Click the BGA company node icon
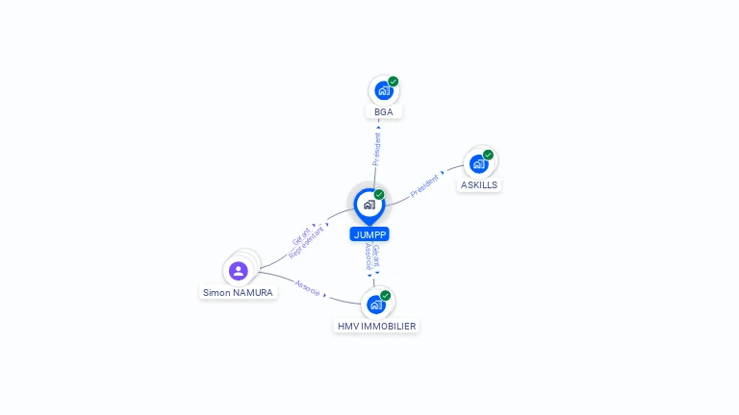coord(383,91)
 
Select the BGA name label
coord(384,111)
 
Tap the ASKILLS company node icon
coord(478,164)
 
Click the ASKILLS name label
coord(479,184)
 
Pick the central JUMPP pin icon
coord(369,205)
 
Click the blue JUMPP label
coord(369,233)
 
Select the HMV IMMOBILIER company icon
coord(376,305)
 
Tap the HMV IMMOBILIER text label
coord(376,327)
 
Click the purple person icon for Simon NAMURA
coord(239,271)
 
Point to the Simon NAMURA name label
coord(238,292)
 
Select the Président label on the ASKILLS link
coord(425,185)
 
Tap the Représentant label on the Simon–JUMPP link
coord(307,243)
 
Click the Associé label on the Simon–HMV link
coord(308,287)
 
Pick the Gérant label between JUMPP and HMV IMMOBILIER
coord(376,256)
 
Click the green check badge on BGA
coord(394,82)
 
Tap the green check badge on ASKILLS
coord(488,155)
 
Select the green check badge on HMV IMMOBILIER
coord(386,295)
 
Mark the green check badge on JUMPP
coord(379,194)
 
